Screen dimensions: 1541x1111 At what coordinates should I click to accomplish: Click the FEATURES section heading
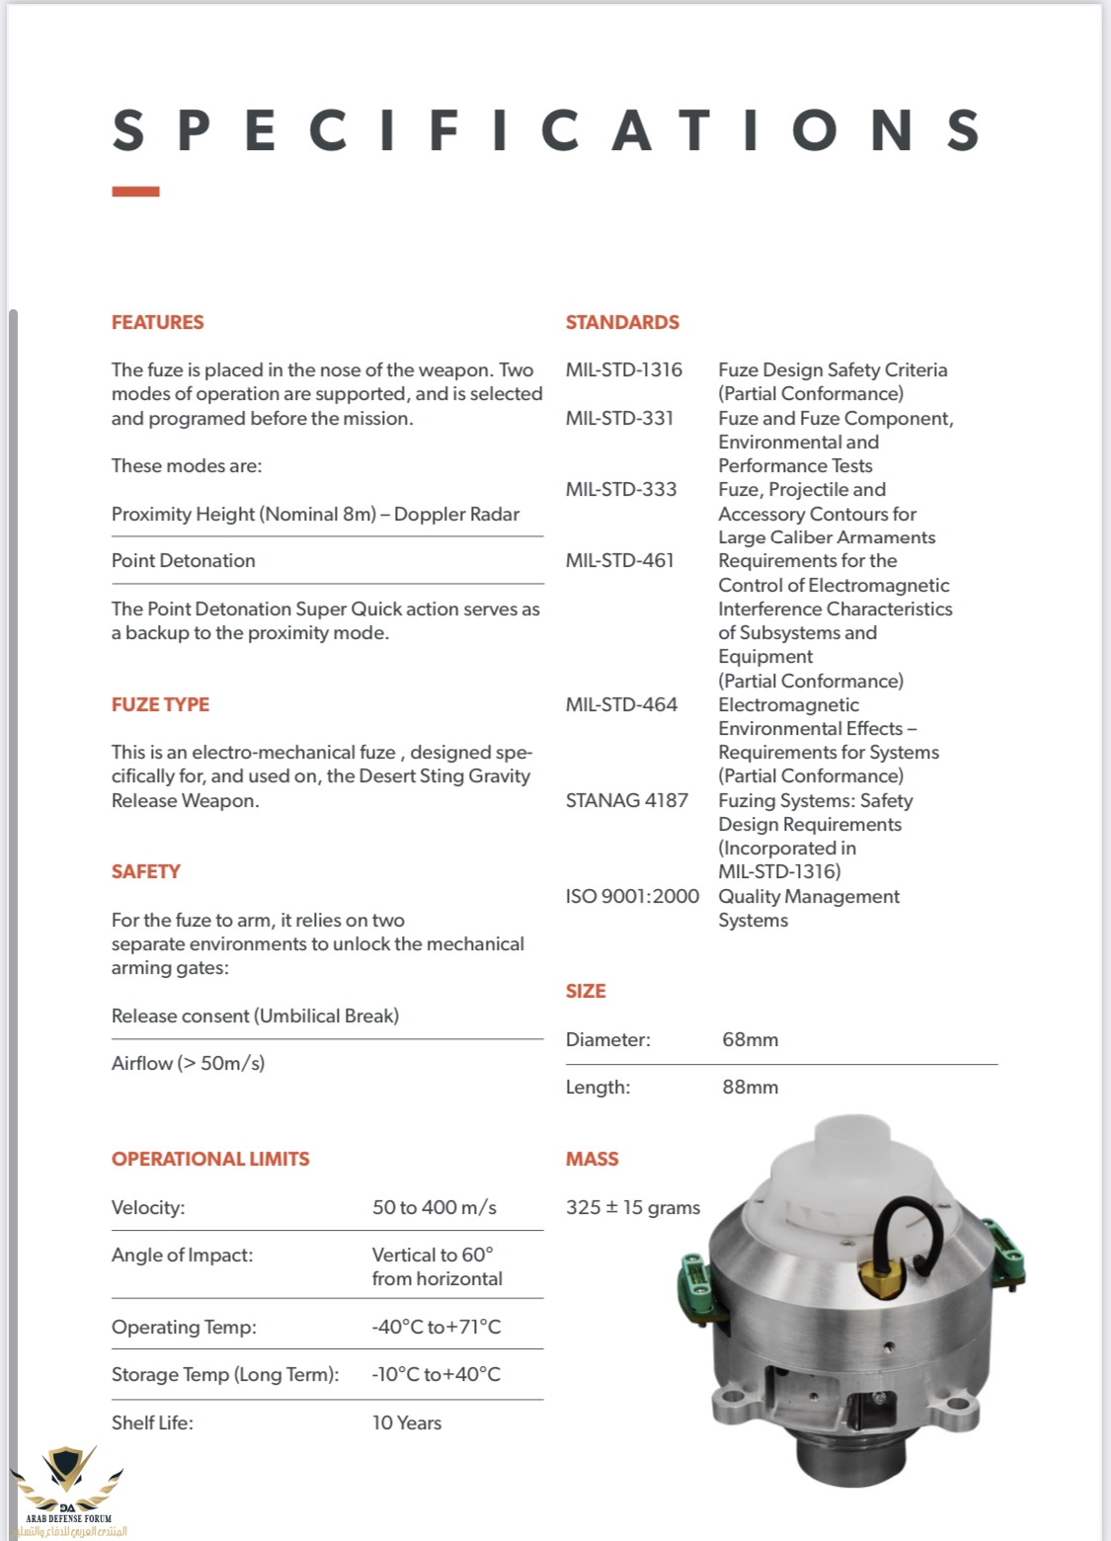pos(157,322)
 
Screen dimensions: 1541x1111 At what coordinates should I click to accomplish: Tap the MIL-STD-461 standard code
pos(619,560)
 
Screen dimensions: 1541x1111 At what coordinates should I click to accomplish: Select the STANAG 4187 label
pos(626,800)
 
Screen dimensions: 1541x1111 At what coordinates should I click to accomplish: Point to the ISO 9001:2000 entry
pos(632,896)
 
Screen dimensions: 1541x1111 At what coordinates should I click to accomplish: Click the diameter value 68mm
pos(750,1039)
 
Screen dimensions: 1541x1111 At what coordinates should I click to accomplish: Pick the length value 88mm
pos(750,1087)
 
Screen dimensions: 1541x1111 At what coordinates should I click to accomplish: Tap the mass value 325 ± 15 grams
pos(632,1207)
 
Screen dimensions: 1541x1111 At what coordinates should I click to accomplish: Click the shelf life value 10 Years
pos(406,1422)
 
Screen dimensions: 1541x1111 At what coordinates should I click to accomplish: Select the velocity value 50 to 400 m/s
pos(434,1207)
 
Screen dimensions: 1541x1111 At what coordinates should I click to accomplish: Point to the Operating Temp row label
pos(184,1327)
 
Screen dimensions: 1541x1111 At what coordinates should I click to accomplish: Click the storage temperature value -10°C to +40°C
pos(436,1374)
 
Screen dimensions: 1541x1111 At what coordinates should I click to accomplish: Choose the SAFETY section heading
pos(146,871)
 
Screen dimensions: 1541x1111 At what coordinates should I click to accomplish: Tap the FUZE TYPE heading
pos(160,704)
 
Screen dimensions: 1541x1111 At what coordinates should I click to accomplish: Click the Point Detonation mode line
pos(184,560)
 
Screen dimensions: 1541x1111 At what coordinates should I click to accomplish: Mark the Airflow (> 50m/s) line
pos(188,1063)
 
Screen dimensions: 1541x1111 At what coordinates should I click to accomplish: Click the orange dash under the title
pos(135,192)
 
